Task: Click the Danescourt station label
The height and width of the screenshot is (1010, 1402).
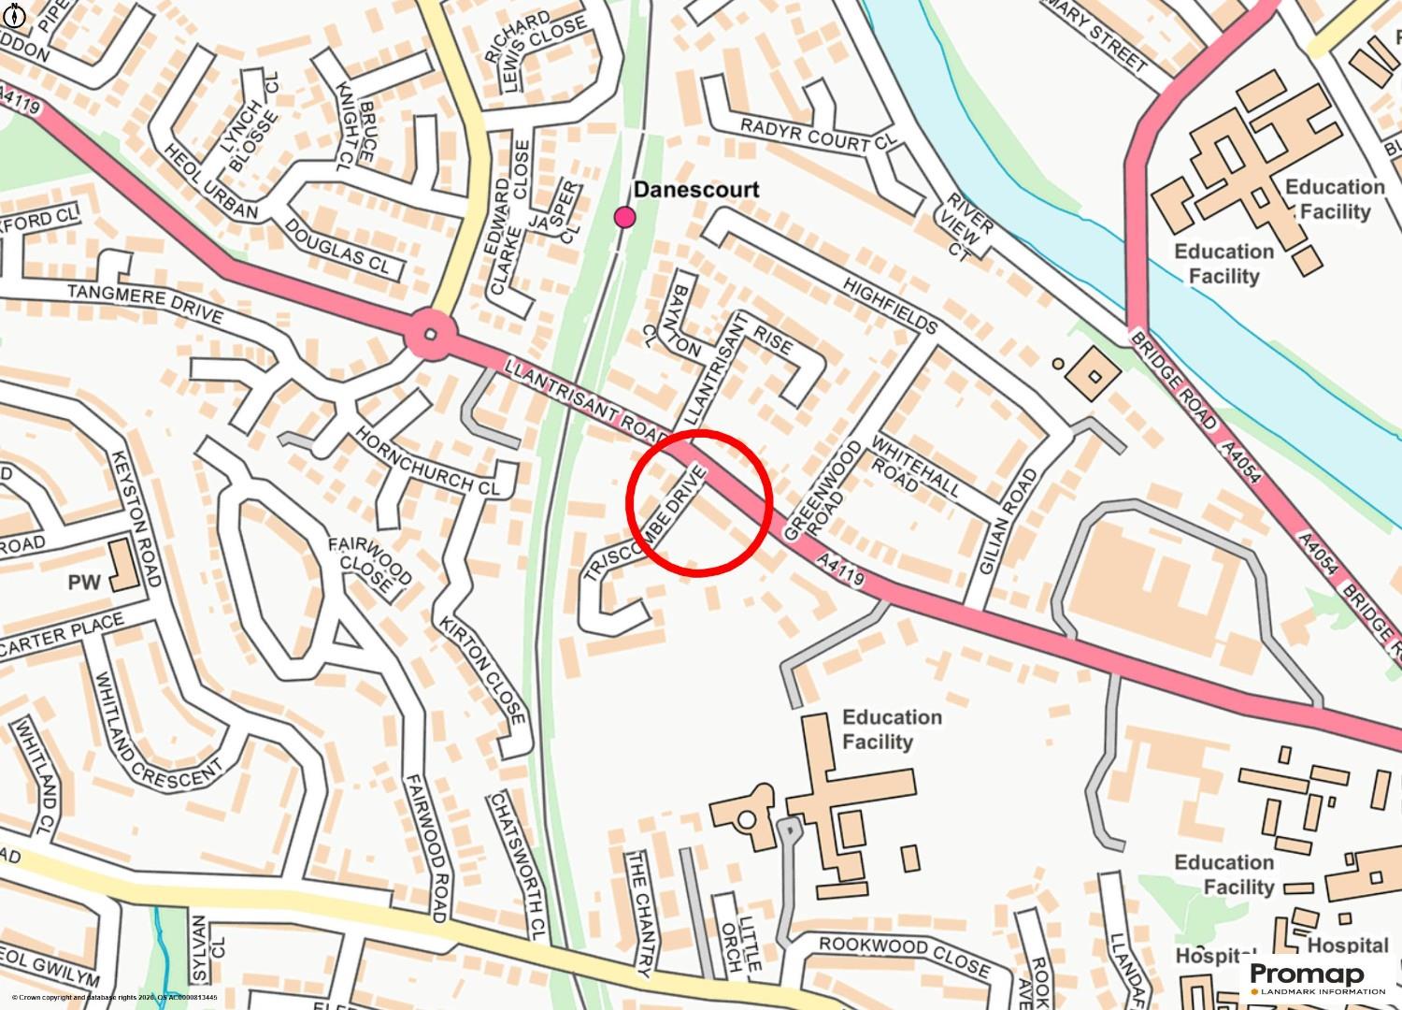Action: tap(696, 190)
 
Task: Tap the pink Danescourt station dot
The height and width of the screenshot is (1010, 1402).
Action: tap(624, 218)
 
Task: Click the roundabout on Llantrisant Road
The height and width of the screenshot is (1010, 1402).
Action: tap(430, 334)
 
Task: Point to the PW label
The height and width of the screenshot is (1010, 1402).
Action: tap(84, 583)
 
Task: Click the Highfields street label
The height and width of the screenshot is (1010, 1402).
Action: tap(889, 305)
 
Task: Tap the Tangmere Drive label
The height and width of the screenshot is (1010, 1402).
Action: tap(146, 304)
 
